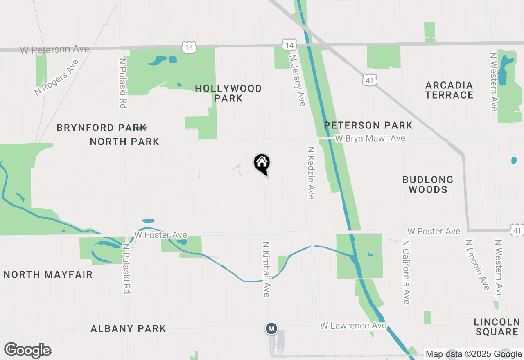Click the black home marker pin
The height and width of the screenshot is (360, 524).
[262, 164]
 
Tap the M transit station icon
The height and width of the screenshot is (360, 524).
[271, 328]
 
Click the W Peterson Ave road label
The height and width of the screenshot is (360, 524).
[55, 49]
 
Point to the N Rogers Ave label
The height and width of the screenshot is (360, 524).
[56, 78]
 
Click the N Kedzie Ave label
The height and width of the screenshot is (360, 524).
[311, 173]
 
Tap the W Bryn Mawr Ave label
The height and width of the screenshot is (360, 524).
[370, 138]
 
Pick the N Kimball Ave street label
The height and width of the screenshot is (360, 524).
[266, 269]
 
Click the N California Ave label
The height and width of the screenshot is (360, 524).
[406, 272]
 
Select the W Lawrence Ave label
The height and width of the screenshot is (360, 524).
[353, 326]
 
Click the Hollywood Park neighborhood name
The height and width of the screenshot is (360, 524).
[228, 93]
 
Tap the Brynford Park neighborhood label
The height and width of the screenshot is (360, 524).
[102, 128]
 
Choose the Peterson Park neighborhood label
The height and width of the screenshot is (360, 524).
[368, 125]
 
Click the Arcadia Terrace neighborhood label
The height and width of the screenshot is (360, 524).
[449, 90]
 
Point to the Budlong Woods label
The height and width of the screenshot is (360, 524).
[428, 184]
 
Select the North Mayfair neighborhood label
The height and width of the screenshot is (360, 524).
[48, 274]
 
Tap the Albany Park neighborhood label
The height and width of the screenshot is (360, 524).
[128, 328]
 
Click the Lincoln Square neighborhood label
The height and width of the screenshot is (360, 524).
[497, 326]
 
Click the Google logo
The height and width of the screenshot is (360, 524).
[27, 351]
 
